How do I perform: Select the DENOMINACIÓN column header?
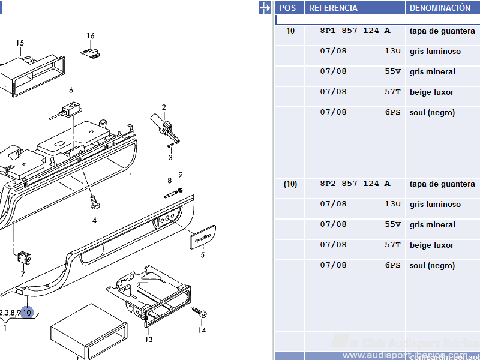pos(440,8)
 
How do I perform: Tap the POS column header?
pos(288,8)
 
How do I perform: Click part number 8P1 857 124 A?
pos(355,31)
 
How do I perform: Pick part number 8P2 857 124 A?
pos(355,184)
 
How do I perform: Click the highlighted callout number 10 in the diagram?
pos(28,313)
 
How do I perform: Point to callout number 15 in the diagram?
pos(20,43)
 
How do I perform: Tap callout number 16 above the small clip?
pos(91,36)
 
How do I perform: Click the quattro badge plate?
pos(203,237)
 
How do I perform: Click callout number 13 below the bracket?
pos(149,340)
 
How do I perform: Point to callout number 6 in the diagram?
pos(71,91)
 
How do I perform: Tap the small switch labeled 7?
pos(24,256)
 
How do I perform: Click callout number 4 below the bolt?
pos(94,220)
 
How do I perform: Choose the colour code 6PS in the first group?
pos(392,112)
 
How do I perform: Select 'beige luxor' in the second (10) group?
pos(431,245)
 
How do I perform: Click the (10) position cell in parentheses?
pos(290,184)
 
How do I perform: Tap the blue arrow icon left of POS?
pos(265,8)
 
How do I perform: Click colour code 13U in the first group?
pos(392,51)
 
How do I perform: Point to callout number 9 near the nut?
pos(180,175)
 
